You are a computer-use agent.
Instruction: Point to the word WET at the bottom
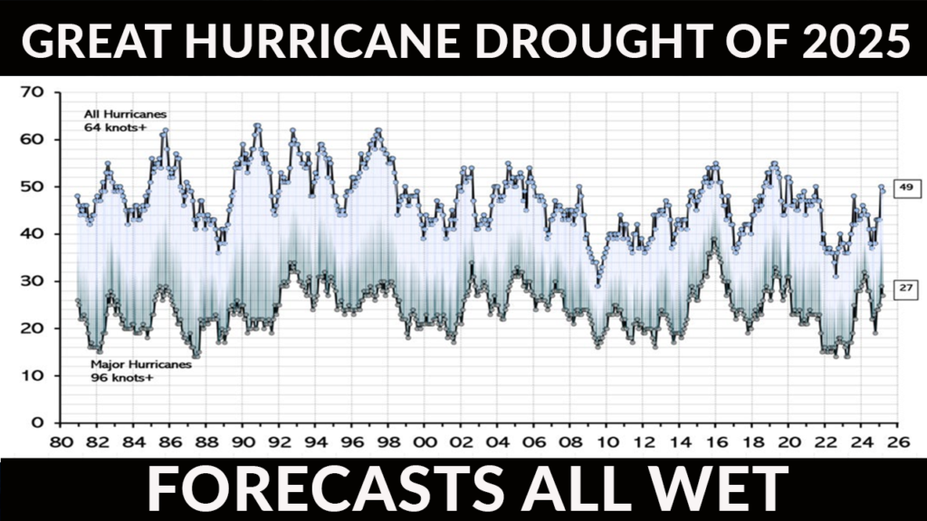(715, 488)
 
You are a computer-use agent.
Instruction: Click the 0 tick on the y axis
(38, 422)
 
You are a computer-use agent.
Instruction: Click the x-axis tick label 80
(61, 442)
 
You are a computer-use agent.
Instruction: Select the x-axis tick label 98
(389, 442)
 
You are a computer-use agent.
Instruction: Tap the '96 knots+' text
(121, 377)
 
